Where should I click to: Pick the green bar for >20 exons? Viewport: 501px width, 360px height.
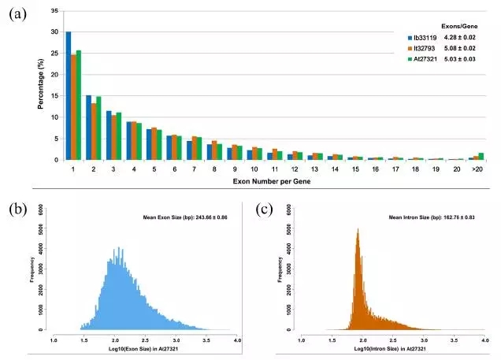[481, 156]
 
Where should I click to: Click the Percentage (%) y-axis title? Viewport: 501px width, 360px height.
[40, 87]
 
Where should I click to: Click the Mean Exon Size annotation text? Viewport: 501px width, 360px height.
[187, 216]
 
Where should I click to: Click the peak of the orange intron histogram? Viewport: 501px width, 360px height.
[358, 231]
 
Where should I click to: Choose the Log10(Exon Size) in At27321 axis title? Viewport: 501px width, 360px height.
[144, 347]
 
